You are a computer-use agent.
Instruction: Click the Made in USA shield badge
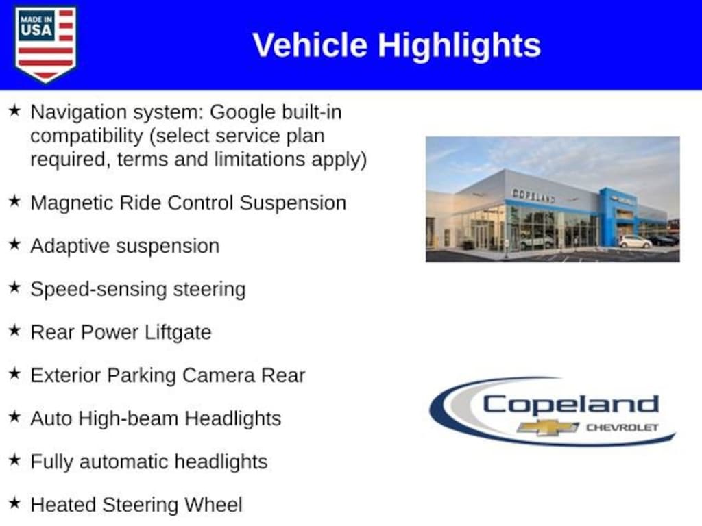pos(45,45)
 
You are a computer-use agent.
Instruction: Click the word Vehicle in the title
pos(310,45)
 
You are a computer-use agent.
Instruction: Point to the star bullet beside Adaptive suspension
pos(14,245)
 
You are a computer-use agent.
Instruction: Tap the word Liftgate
pos(178,333)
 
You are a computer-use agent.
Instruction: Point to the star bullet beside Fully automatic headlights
pos(14,460)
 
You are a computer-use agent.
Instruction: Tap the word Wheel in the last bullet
pos(213,505)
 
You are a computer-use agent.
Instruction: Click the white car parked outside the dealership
pos(635,242)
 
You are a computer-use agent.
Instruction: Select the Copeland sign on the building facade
pos(533,195)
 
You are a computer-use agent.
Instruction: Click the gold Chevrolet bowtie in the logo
pos(548,427)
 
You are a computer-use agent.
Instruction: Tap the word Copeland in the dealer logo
pos(571,404)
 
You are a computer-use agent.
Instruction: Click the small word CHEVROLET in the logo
pos(622,427)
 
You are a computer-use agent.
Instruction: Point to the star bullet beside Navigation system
pos(14,110)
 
